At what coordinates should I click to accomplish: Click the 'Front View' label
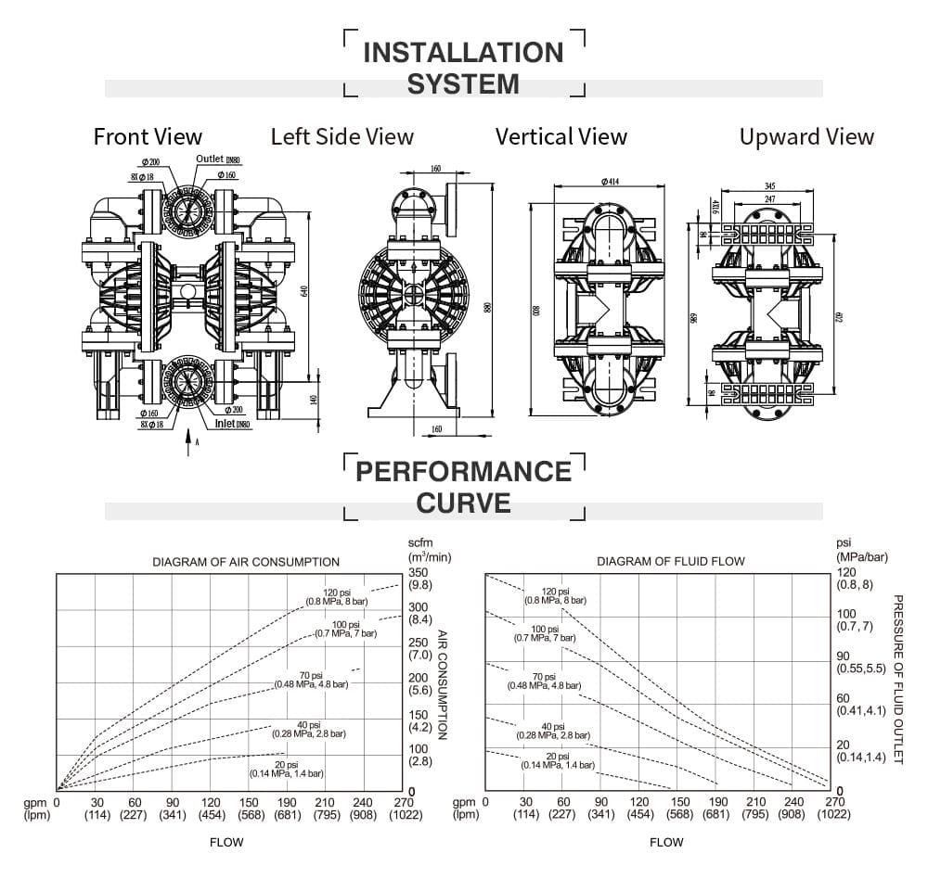[x=148, y=137]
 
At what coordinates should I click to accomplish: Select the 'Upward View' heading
[x=806, y=137]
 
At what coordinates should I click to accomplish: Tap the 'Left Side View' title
[x=342, y=137]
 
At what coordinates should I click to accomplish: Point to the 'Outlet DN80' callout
[x=223, y=159]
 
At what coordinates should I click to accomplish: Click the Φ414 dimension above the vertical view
[x=610, y=183]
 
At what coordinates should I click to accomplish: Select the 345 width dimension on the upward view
[x=769, y=186]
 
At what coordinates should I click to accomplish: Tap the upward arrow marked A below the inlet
[x=189, y=438]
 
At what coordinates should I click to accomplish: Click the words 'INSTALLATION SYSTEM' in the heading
[x=463, y=68]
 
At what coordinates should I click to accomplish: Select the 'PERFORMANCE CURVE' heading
[x=463, y=487]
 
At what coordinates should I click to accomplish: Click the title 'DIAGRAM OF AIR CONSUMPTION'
[x=246, y=562]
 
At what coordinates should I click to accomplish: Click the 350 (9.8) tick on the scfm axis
[x=419, y=579]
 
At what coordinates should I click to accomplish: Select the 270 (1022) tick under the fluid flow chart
[x=835, y=809]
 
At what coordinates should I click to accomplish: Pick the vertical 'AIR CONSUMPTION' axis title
[x=443, y=684]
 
